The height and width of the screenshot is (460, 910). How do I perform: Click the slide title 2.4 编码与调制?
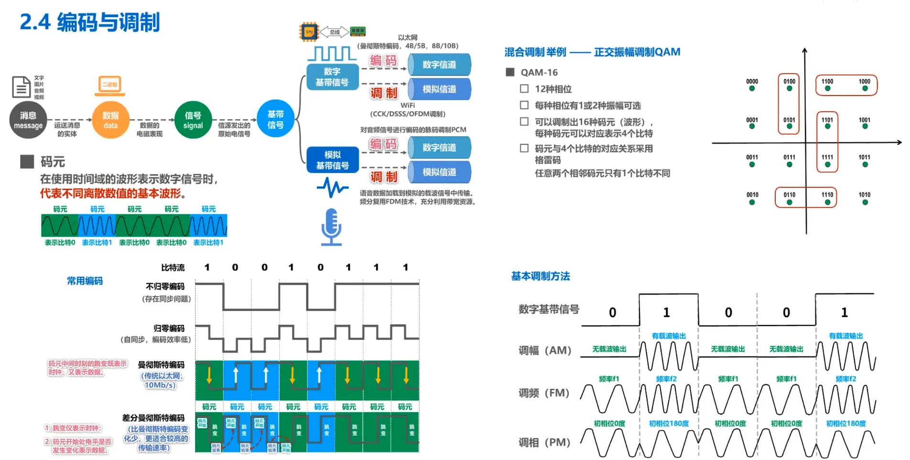pos(89,22)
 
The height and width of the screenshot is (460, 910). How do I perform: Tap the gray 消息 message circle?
pos(28,120)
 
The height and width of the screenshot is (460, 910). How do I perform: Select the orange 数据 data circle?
pos(110,120)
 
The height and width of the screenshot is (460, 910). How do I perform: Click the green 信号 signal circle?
pos(193,120)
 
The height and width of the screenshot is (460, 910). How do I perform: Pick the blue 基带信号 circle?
pos(275,119)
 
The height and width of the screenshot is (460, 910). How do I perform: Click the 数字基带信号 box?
pos(332,77)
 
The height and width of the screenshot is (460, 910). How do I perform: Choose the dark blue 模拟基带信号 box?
pos(332,160)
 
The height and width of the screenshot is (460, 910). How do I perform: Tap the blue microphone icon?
pos(331,227)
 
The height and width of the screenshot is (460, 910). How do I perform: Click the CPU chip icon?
pos(309,32)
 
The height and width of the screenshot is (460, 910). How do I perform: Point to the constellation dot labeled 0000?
pos(752,88)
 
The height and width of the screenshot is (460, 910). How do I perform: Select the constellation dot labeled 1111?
pos(827,164)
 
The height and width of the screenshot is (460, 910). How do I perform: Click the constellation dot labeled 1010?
pos(865,202)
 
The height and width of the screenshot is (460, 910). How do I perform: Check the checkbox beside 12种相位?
pos(524,89)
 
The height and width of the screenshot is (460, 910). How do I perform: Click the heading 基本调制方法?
pos(540,276)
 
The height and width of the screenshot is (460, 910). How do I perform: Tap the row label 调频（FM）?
pos(544,393)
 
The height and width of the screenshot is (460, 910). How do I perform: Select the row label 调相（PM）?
pos(544,442)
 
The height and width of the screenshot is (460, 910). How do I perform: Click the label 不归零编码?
pos(165,286)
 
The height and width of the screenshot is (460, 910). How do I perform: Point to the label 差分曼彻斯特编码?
pos(153,417)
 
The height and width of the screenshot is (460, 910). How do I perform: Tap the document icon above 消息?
pos(21,87)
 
